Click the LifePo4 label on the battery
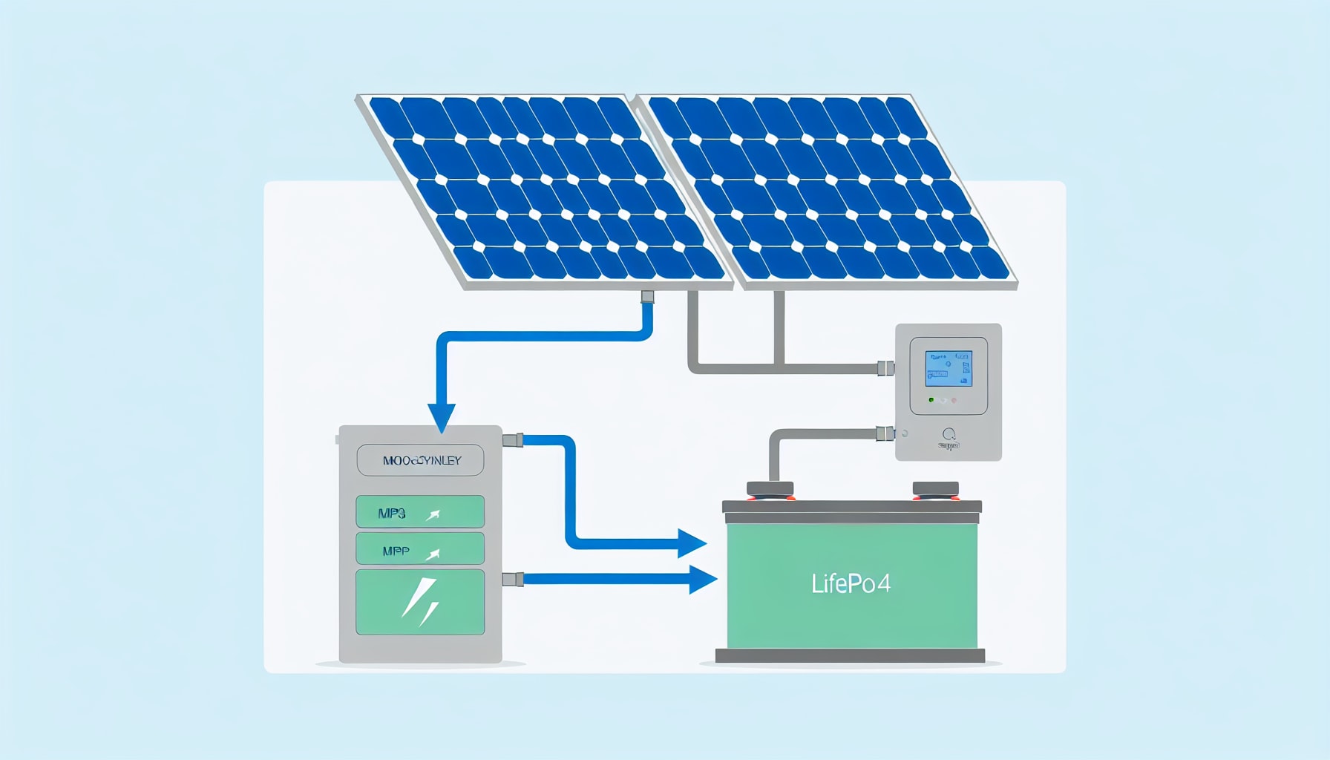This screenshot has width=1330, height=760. [851, 583]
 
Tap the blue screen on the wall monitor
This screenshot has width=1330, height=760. [948, 369]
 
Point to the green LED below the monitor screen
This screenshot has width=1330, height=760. [931, 400]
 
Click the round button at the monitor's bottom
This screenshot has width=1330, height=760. [949, 434]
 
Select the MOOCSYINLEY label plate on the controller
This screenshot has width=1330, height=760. [420, 460]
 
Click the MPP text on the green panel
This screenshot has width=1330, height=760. [396, 551]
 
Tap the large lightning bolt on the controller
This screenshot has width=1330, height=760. [420, 602]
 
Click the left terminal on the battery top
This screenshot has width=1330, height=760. [770, 489]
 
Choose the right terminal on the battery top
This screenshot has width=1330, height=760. [935, 489]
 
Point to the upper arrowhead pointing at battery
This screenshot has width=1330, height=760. [691, 543]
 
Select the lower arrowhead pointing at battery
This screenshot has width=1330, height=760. [702, 579]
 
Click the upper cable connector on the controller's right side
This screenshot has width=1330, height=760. [513, 440]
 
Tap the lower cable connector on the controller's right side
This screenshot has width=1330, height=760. [513, 579]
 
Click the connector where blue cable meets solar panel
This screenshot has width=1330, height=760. [647, 297]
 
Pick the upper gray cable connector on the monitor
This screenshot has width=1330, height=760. [885, 368]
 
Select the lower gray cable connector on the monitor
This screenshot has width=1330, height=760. [885, 433]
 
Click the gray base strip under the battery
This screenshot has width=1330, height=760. [850, 655]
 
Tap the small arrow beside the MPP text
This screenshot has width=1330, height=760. [433, 554]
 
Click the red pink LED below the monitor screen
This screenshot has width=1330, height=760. [954, 400]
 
